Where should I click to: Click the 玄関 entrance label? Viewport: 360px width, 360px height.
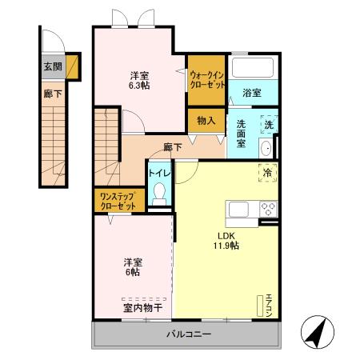(x=53, y=66)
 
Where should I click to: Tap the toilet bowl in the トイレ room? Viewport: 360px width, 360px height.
(x=159, y=194)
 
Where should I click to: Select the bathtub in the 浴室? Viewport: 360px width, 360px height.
(x=253, y=67)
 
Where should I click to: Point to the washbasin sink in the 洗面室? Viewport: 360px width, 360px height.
(x=266, y=148)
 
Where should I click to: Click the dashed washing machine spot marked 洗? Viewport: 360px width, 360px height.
(x=269, y=124)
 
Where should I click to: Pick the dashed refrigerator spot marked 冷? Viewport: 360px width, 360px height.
(x=267, y=173)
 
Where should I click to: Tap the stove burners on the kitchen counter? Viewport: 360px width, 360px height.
(x=268, y=209)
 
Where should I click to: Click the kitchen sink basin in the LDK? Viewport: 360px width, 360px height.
(x=238, y=209)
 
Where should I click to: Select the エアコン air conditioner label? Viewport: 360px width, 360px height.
(x=269, y=306)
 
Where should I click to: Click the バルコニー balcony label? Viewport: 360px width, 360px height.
(x=189, y=334)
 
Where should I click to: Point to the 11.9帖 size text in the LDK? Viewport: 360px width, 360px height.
(x=226, y=246)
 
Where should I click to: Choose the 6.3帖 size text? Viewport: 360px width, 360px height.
(x=139, y=86)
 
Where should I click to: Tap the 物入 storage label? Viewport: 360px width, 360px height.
(x=206, y=121)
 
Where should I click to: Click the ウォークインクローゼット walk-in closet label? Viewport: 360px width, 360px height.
(x=207, y=80)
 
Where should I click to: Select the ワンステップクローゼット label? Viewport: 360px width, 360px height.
(x=118, y=202)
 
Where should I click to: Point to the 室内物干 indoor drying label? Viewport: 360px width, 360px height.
(x=142, y=308)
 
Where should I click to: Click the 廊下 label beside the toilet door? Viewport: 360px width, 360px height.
(x=173, y=147)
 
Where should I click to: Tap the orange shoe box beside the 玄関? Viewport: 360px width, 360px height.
(x=72, y=66)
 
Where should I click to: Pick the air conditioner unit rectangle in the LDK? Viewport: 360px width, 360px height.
(x=259, y=306)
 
